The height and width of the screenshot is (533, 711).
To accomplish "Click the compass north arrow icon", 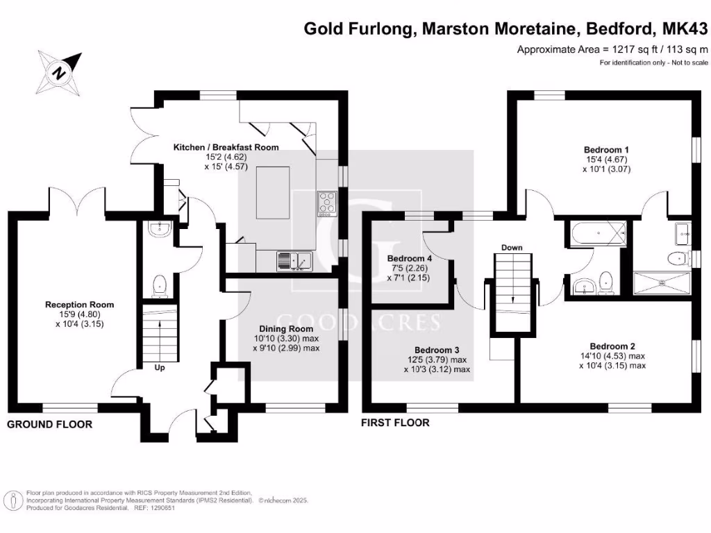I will click(x=60, y=71).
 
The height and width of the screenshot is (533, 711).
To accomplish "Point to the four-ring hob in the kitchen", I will click(x=326, y=202).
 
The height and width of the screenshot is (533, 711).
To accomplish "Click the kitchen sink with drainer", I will click(x=295, y=261).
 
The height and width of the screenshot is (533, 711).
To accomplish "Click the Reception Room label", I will click(x=79, y=305).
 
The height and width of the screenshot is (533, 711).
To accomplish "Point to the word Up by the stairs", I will click(x=159, y=368).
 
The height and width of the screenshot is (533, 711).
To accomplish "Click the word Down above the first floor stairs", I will click(x=512, y=248).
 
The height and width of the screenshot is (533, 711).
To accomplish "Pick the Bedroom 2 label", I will click(x=612, y=346).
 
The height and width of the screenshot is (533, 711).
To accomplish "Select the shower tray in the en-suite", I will click(x=662, y=283).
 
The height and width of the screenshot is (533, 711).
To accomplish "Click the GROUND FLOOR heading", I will click(x=49, y=424).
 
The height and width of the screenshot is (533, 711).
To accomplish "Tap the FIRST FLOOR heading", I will click(x=395, y=422).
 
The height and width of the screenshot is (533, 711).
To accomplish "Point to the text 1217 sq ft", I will click(x=629, y=49).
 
